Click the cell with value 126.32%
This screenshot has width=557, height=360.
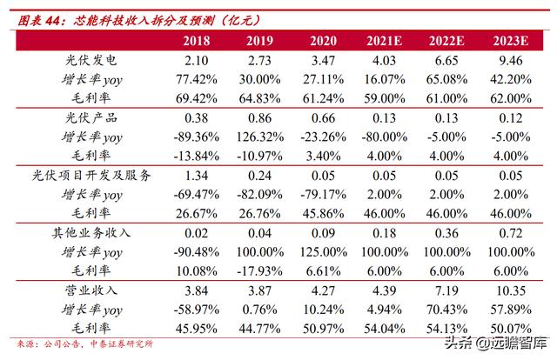262,136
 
